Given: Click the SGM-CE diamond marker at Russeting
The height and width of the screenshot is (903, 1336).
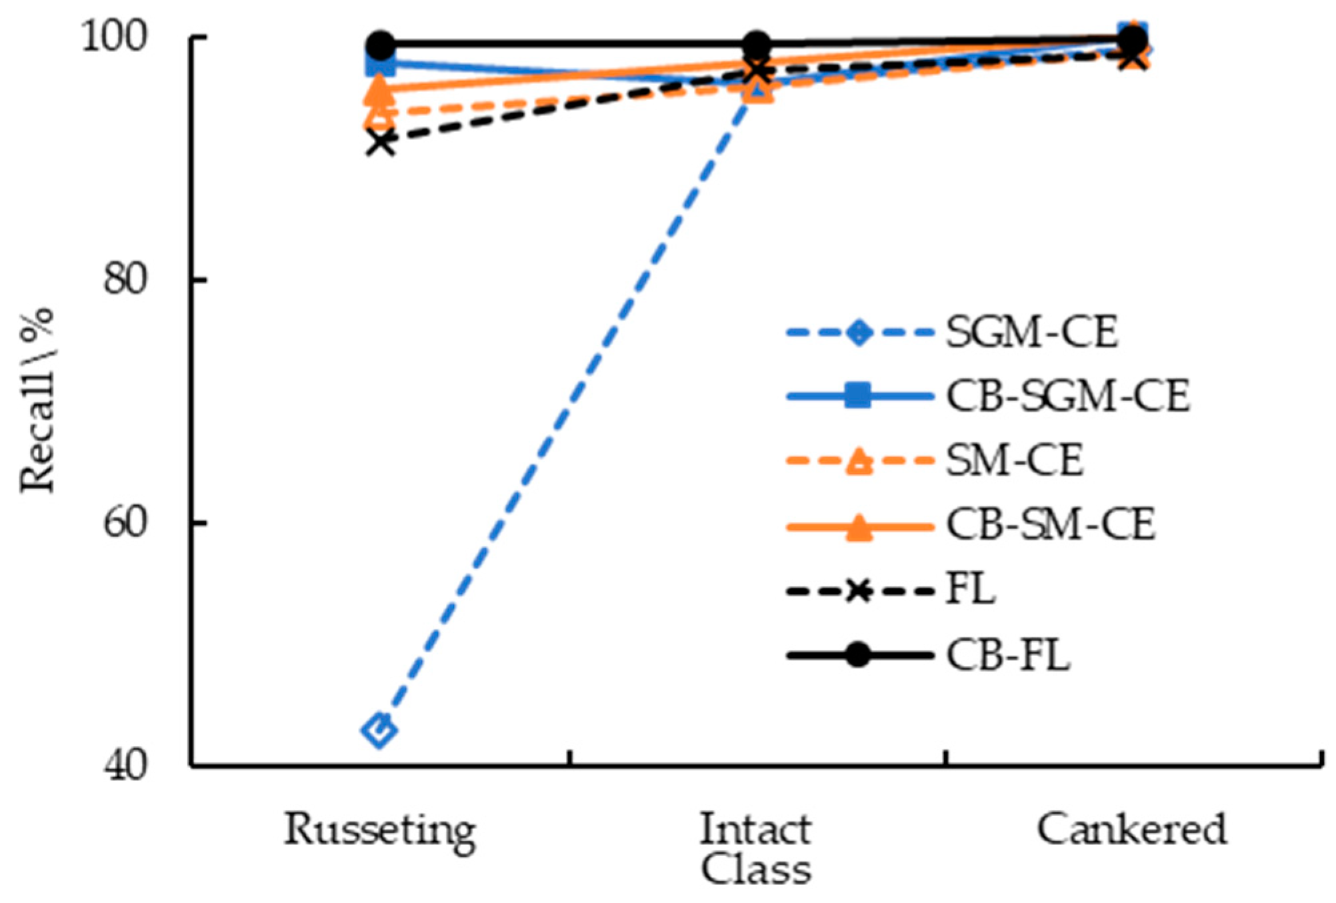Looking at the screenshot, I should coord(379,730).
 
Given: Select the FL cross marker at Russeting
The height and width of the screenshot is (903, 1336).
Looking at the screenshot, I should coord(381,142).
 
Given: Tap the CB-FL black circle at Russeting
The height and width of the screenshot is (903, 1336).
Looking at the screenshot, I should coord(381,45).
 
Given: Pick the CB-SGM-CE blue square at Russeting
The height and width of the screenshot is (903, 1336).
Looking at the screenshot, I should coord(380,65).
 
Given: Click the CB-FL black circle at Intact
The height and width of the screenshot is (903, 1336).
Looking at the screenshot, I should coord(756,45).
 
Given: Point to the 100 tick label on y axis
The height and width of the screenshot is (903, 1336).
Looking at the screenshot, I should coord(114,37).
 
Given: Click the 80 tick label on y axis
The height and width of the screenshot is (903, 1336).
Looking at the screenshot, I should coord(125,280).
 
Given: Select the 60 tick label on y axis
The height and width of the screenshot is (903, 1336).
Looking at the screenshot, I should coord(125,523).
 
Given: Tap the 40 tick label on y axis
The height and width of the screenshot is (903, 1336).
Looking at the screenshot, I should coord(125,766).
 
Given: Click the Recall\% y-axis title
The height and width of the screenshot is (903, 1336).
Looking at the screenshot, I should coord(37,400).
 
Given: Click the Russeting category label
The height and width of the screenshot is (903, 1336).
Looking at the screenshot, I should coord(380,830).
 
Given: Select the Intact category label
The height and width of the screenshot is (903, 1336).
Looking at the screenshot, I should coord(755,830).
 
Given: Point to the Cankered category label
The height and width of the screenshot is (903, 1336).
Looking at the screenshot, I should coord(1131,830).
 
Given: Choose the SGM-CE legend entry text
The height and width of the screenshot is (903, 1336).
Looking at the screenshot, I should coord(1031,332).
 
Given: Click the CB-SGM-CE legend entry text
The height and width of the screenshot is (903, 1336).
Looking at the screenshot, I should coord(1067,397).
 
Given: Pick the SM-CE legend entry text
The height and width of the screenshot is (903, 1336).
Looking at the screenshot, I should coord(1014,460).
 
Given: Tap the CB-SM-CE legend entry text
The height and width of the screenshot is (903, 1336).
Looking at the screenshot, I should coord(1050,525).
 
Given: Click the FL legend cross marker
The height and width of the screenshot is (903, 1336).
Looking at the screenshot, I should coord(859,590).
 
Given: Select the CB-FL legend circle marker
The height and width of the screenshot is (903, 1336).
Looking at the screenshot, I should coord(859,655).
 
